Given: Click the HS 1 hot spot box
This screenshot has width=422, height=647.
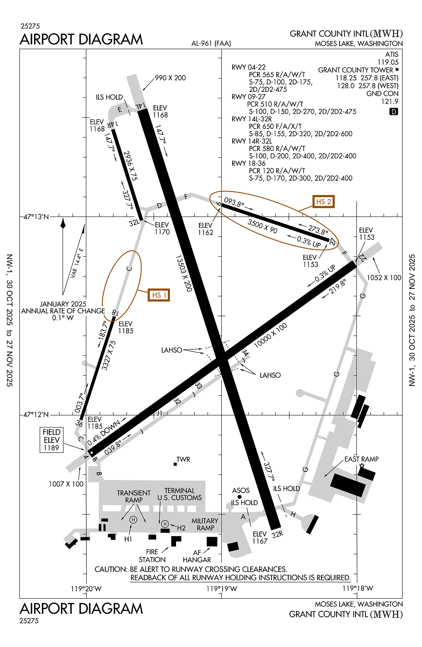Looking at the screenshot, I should (159, 295).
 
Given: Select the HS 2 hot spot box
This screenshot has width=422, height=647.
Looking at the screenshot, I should (324, 201).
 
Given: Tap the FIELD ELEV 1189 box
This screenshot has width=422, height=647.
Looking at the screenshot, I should (51, 440).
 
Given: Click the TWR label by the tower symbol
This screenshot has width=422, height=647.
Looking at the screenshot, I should (183, 459).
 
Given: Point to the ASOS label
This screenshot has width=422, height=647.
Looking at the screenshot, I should (241, 490).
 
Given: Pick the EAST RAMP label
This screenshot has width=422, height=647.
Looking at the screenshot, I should (361, 459).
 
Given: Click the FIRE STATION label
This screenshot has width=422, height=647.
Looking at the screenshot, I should (152, 556).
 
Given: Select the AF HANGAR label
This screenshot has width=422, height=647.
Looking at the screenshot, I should (197, 556).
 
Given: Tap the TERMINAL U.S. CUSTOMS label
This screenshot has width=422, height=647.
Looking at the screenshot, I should (180, 494).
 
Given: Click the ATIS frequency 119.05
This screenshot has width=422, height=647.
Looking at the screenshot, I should (388, 62).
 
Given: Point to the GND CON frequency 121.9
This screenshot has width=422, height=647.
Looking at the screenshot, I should (390, 101).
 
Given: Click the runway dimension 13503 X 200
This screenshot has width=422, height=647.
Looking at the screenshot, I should (184, 273).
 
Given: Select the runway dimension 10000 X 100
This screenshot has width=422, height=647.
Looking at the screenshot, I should (271, 335).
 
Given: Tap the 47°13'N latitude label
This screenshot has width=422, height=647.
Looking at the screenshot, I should (36, 217).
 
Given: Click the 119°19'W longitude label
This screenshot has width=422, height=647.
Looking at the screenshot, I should (221, 588).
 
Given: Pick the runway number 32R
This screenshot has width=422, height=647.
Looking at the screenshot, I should (277, 534).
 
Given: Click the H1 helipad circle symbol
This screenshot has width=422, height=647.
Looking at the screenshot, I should (133, 520).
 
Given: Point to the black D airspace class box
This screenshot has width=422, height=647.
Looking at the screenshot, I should (394, 112).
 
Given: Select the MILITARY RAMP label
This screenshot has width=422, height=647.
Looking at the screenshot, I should (205, 524).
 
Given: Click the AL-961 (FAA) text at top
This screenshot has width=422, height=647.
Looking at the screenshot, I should (211, 43).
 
